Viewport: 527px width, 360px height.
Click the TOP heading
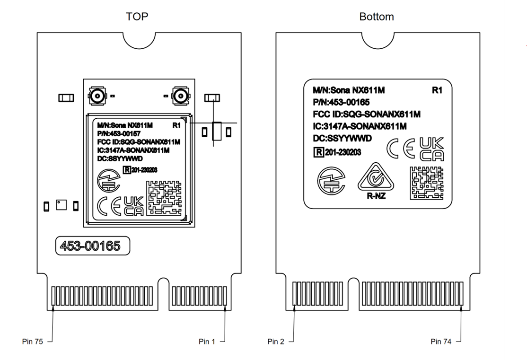coord(137,17)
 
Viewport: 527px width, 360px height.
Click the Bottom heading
coord(377,17)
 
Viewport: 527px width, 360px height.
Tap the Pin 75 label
coord(33,341)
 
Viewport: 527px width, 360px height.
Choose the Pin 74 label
coord(442,341)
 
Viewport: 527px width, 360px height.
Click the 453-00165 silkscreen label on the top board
coord(90,246)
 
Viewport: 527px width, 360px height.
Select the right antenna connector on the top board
coord(180,97)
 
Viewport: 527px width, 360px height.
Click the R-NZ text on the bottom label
coord(376,196)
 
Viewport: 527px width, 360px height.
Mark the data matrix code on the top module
coord(163,198)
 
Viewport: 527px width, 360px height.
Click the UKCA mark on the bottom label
coord(431,150)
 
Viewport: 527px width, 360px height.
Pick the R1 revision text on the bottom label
coord(437,90)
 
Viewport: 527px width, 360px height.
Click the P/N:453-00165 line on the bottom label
coord(341,102)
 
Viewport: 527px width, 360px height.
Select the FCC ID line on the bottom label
coord(367,114)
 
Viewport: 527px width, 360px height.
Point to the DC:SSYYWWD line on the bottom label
coord(343,139)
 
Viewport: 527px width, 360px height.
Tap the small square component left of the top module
coord(61,205)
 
